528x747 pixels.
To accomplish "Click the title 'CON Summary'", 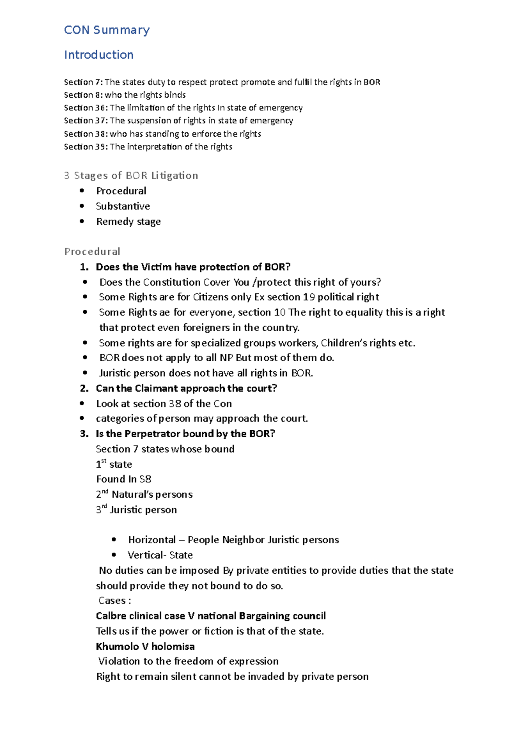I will [x=107, y=30].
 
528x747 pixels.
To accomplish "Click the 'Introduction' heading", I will [x=99, y=55].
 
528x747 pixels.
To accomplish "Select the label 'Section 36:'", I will [x=85, y=108].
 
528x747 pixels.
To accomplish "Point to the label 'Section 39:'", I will [x=85, y=146].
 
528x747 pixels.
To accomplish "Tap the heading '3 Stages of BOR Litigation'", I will [x=131, y=176].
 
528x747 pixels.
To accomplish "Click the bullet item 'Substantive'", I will [x=123, y=206].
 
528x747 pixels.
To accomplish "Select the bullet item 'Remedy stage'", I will [x=128, y=221].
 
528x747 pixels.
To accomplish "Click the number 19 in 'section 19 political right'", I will [x=308, y=297].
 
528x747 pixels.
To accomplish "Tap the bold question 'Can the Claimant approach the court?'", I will [x=186, y=388].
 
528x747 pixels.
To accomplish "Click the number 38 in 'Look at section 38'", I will [x=175, y=403].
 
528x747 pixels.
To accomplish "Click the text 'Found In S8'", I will [x=124, y=479].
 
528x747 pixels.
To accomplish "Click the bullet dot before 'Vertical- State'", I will [x=114, y=555].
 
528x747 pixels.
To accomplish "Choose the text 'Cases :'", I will [x=114, y=601].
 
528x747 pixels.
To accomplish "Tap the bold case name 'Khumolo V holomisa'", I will [x=145, y=646].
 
